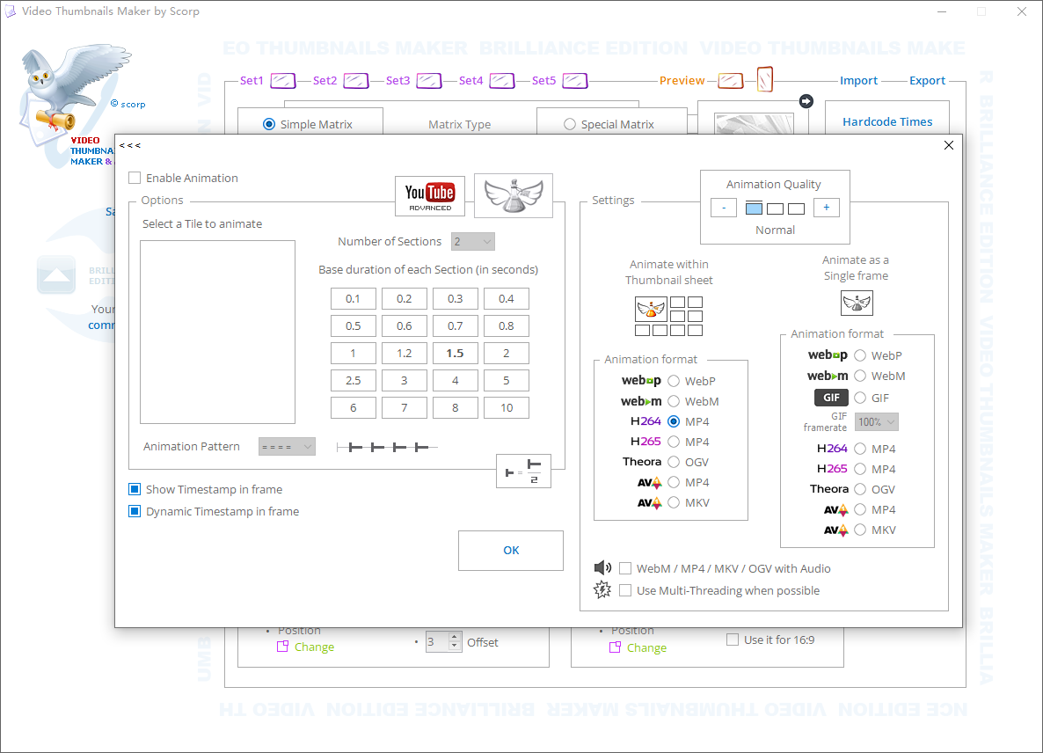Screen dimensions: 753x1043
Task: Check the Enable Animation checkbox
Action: click(135, 178)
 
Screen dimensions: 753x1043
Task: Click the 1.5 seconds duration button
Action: click(455, 353)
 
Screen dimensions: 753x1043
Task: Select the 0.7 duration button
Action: click(455, 325)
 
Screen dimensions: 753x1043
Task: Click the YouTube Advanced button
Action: click(429, 195)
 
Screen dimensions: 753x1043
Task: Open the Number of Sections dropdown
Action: click(473, 241)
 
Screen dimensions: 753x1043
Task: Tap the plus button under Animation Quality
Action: click(826, 208)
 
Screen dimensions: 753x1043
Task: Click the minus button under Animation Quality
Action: click(723, 208)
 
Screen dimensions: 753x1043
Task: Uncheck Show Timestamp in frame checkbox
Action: click(135, 489)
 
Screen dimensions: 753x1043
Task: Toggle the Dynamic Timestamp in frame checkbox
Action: click(135, 511)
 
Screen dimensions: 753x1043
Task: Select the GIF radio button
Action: click(859, 398)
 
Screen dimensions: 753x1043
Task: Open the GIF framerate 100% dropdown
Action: click(876, 422)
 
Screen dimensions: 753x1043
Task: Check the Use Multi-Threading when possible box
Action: click(625, 590)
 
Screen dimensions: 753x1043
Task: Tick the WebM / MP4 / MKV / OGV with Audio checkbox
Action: click(625, 568)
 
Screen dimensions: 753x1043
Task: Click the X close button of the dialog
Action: click(948, 145)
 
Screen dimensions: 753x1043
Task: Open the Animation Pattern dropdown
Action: click(287, 447)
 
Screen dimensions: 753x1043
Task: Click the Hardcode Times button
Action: click(887, 122)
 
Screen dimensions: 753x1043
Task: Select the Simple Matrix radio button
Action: click(269, 125)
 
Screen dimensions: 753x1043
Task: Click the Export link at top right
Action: click(927, 81)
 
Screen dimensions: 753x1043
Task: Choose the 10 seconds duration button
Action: click(506, 407)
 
